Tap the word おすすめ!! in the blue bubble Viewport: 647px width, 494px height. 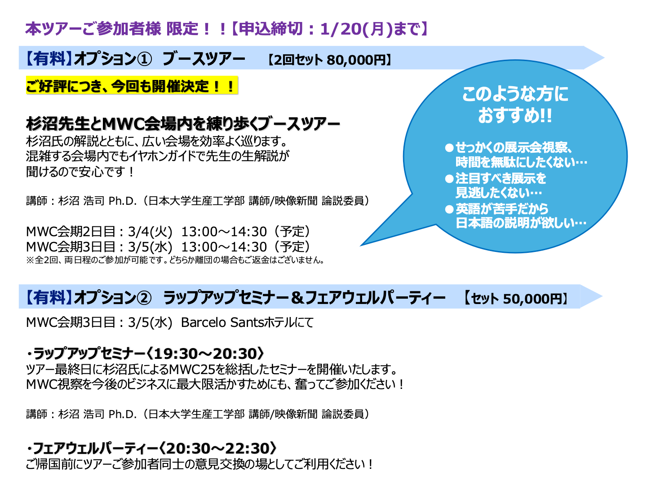[514, 115]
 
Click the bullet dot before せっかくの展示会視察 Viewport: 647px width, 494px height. [449, 148]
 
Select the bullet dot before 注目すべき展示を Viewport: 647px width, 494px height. [449, 178]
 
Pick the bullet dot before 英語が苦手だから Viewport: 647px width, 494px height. [449, 209]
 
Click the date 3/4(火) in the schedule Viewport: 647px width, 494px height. [150, 232]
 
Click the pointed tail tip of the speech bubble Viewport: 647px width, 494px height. [361, 245]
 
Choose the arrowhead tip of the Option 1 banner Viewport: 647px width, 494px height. [604, 58]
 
